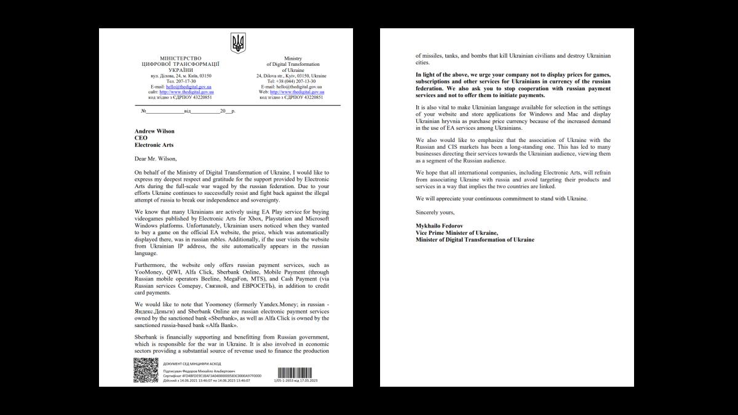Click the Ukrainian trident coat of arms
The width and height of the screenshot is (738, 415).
coord(238,43)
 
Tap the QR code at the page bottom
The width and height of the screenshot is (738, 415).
coord(146,371)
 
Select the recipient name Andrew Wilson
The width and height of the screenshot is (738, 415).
coord(154,130)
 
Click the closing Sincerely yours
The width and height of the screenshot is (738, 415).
coord(435,212)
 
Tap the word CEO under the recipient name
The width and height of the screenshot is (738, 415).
coord(141,138)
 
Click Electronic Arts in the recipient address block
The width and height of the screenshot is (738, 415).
coord(154,145)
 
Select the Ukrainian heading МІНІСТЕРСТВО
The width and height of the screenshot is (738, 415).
coord(180,58)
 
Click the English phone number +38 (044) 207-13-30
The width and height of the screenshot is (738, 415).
coord(292,81)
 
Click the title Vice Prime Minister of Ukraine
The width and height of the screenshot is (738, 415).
coord(457,232)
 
